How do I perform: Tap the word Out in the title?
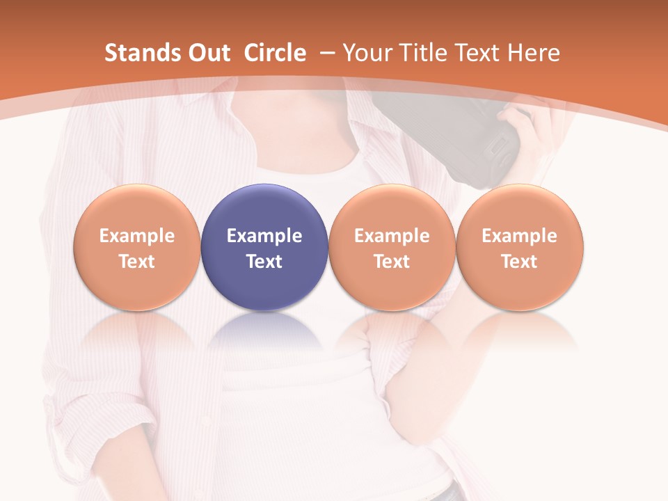(207, 53)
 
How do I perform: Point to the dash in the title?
(327, 53)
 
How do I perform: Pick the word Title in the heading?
(421, 53)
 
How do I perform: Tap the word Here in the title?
(534, 53)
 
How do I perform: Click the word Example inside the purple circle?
(264, 236)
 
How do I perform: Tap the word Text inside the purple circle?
(264, 262)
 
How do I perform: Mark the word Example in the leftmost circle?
(137, 236)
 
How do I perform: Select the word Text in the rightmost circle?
(519, 262)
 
